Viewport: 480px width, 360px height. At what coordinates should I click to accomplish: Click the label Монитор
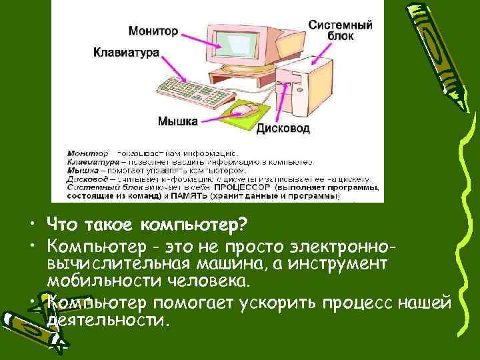tap(153, 31)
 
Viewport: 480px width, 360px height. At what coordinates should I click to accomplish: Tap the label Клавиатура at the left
tap(126, 51)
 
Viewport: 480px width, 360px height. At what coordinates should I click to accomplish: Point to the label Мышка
tap(177, 121)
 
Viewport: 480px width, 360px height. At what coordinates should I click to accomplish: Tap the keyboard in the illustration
tap(190, 90)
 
